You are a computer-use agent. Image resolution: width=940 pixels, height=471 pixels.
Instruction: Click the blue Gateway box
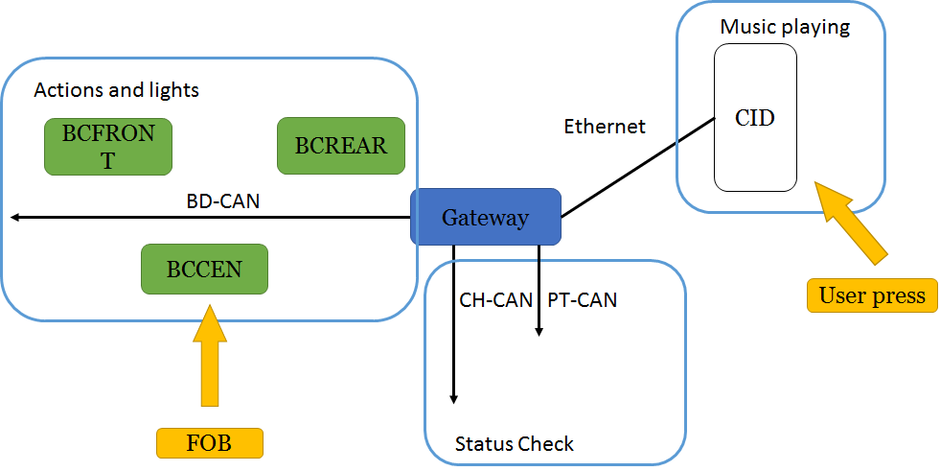(x=485, y=217)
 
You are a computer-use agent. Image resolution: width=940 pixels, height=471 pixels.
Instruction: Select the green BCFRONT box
(x=108, y=147)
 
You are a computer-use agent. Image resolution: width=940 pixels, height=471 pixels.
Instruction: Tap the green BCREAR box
(x=341, y=146)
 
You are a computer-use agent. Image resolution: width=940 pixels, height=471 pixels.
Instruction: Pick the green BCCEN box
(x=204, y=269)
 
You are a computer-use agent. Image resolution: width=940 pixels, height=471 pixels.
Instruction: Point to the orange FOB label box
(x=209, y=442)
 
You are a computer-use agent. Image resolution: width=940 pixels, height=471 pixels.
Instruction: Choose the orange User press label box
(x=872, y=295)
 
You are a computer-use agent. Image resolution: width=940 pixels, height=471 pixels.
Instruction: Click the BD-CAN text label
(x=223, y=201)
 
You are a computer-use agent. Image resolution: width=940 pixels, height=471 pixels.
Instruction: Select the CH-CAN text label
(x=495, y=300)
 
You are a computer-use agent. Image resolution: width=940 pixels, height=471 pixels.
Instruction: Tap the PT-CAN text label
(x=583, y=300)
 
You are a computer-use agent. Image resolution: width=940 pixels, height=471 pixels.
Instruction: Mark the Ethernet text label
(x=605, y=126)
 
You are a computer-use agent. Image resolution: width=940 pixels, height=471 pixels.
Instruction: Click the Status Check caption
(x=515, y=444)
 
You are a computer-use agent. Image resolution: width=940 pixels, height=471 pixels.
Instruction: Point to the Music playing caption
(x=785, y=27)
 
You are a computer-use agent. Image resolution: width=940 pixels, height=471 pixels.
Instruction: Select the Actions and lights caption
(x=117, y=90)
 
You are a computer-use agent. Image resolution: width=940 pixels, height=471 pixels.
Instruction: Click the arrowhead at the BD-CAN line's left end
(x=15, y=218)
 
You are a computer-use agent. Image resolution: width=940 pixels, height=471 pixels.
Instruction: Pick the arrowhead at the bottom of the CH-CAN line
(x=454, y=397)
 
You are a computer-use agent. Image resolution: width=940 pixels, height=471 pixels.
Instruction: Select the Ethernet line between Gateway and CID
(x=637, y=167)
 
